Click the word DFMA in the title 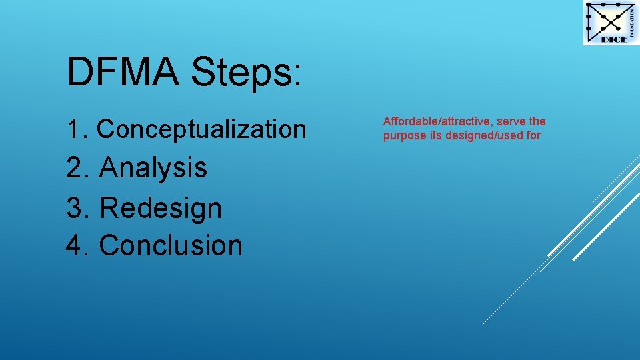click(123, 71)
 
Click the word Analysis click(153, 167)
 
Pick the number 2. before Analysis click(79, 167)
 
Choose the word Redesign click(160, 208)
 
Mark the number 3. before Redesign click(79, 208)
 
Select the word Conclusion click(171, 245)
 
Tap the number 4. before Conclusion click(79, 245)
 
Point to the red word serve click(512, 121)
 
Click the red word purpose click(402, 136)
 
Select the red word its click(431, 136)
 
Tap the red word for click(533, 136)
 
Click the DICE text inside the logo click(613, 39)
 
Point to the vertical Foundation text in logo click(631, 20)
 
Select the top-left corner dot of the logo click(588, 5)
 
